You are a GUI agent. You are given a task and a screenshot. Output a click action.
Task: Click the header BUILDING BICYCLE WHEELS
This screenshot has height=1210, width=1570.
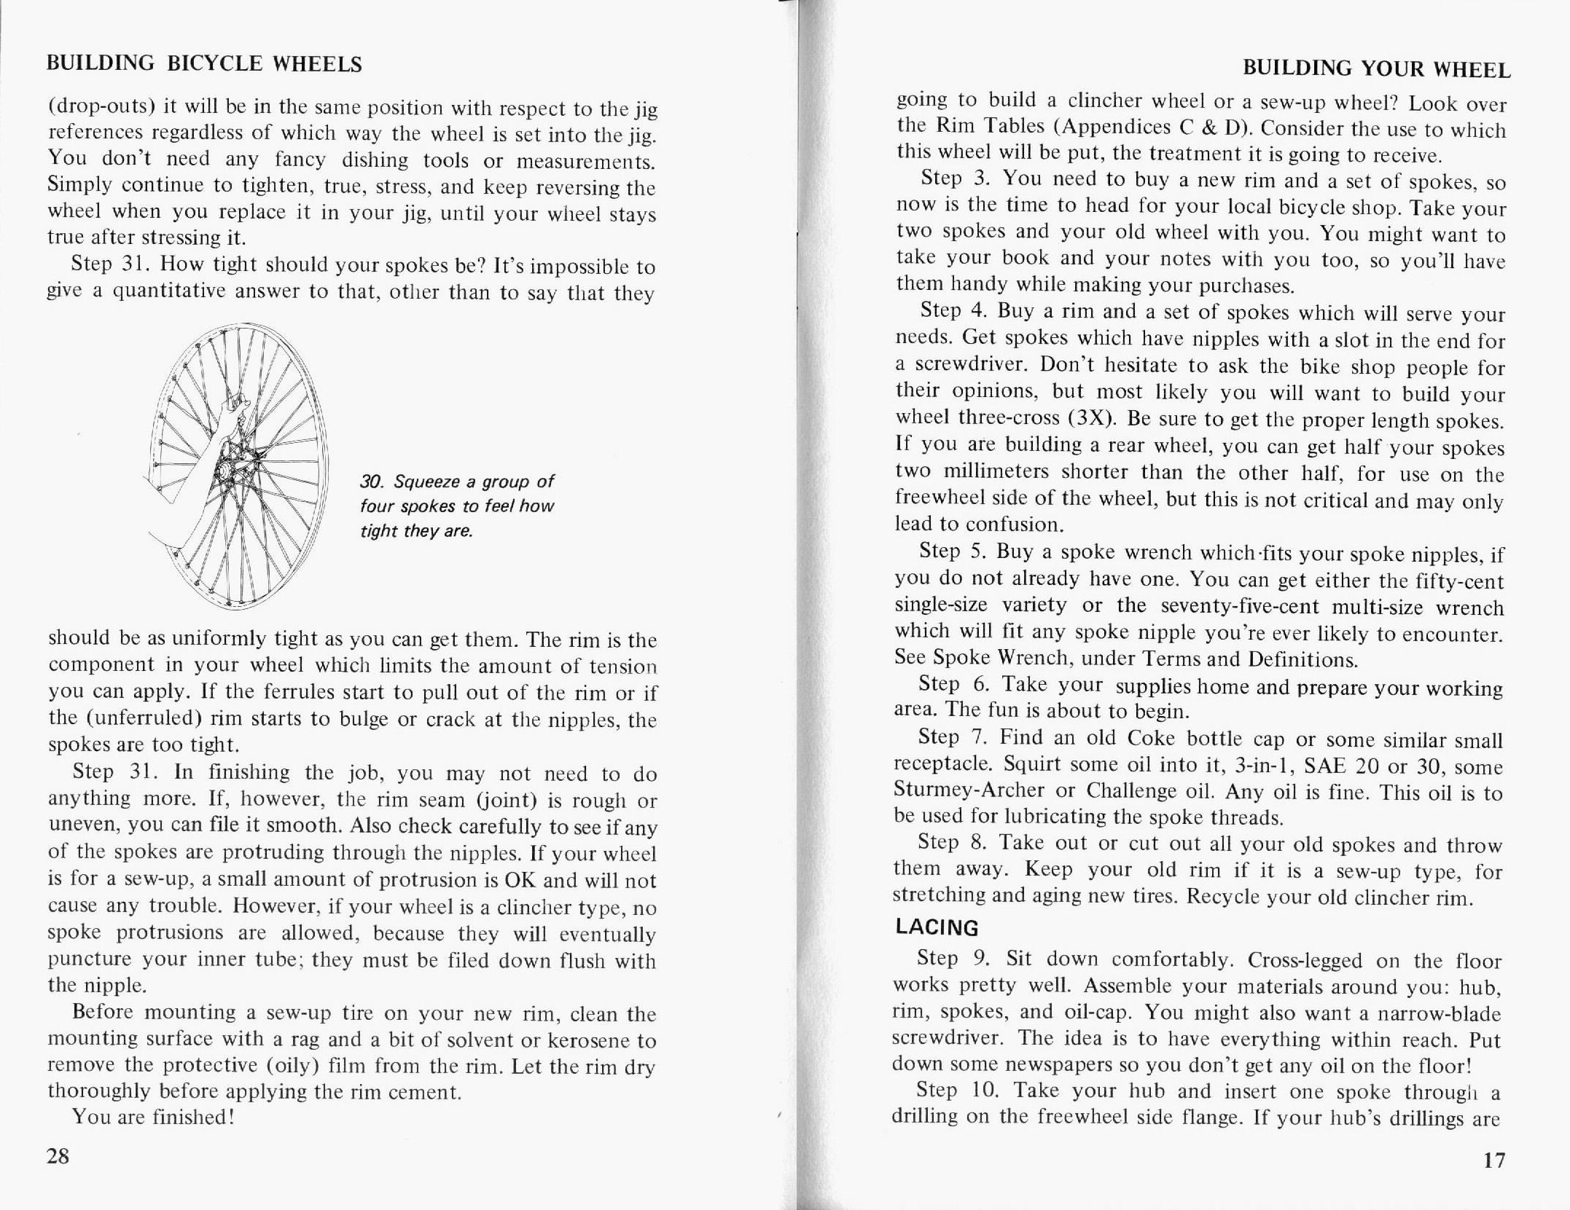(204, 64)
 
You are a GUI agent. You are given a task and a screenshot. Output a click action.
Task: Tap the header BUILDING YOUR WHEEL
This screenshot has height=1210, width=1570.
(1376, 69)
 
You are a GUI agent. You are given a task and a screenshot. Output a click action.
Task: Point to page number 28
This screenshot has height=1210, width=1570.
(58, 1156)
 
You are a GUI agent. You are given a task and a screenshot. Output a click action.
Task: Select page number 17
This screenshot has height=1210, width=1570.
(1494, 1160)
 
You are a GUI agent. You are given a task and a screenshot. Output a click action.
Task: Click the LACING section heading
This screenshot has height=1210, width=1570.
(937, 927)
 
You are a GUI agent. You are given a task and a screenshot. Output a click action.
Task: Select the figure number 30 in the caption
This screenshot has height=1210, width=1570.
(371, 482)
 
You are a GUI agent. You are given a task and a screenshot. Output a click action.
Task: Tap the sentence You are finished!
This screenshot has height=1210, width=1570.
(152, 1117)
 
